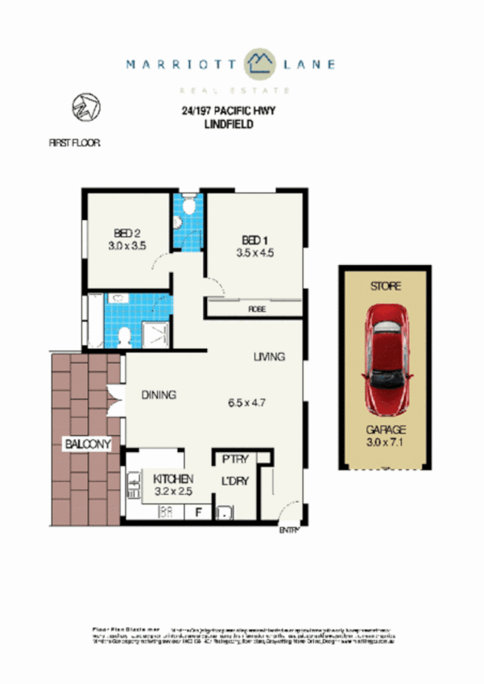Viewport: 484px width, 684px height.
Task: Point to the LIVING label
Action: coord(268,356)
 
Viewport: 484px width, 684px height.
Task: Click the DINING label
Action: coord(159,395)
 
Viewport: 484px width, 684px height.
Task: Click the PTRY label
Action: coord(234,459)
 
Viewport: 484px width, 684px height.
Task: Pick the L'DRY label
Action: coord(235,482)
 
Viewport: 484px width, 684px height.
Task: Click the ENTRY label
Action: coord(289,529)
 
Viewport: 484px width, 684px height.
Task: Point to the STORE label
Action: coord(384,286)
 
